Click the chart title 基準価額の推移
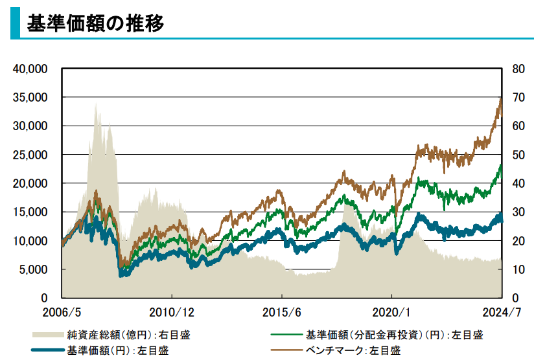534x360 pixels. [x=95, y=23]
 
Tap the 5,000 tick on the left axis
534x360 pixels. [x=36, y=269]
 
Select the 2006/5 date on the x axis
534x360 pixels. [x=62, y=312]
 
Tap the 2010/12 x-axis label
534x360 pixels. [x=172, y=312]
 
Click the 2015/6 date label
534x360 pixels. [x=283, y=312]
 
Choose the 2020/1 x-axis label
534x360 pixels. [x=393, y=312]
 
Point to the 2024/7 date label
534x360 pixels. [x=502, y=312]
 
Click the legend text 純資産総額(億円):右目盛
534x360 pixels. [x=128, y=335]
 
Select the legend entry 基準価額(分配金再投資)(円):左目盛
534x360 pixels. [x=394, y=335]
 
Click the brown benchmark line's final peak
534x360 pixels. [x=500, y=98]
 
